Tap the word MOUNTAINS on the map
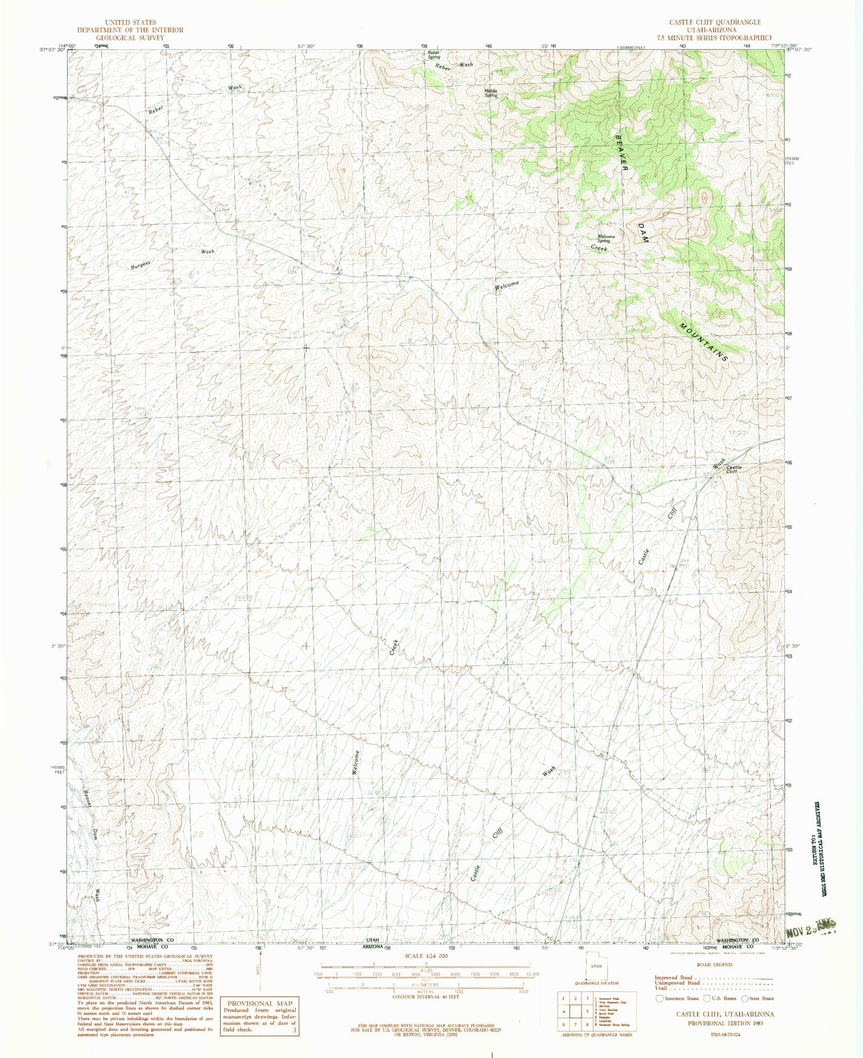705,343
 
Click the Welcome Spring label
606,239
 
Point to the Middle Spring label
491,92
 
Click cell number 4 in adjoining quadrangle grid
563,1012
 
